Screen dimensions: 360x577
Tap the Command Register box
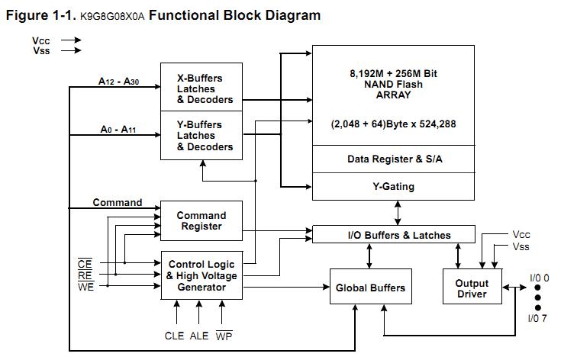201,220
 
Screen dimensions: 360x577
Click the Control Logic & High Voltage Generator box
201,275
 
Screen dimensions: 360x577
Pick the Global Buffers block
370,288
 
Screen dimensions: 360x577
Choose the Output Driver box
472,288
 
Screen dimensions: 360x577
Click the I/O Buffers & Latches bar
394,235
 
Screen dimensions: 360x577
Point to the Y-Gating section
394,185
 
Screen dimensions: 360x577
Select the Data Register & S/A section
394,159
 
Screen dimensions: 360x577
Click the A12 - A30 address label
119,80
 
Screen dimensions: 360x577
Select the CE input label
85,264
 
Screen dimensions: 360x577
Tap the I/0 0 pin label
540,278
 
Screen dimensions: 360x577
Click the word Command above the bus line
118,203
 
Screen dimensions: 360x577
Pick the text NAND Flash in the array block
394,85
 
